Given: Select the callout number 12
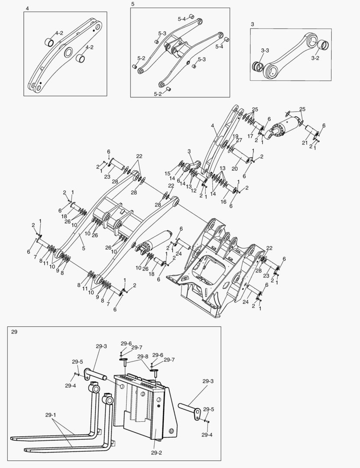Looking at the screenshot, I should (194, 190).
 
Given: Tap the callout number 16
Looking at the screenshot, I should (224, 201).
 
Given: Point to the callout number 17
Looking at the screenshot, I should (250, 136).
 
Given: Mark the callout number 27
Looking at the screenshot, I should (239, 140).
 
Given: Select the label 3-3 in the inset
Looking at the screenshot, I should (265, 51).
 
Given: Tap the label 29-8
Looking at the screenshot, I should (143, 357).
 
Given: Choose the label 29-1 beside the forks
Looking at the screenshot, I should (51, 415).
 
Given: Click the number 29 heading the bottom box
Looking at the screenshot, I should (14, 331).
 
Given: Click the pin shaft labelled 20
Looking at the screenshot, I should (241, 156).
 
